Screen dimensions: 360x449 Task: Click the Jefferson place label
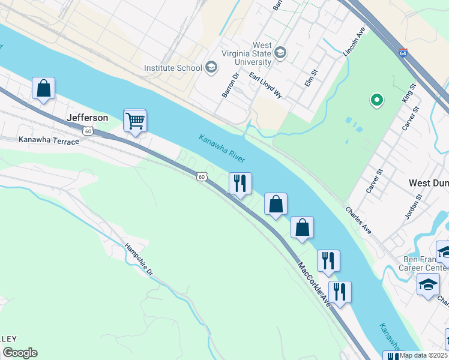(x=88, y=118)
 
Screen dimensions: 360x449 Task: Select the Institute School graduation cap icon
(x=211, y=67)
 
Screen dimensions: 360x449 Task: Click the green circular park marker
(x=377, y=100)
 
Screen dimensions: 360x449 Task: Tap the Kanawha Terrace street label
(x=49, y=141)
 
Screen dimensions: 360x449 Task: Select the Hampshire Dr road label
(x=139, y=259)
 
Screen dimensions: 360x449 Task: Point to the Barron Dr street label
(x=231, y=84)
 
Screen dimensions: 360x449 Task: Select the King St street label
(x=410, y=94)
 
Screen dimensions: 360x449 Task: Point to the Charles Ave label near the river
(x=358, y=221)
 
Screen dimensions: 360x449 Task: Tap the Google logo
(x=20, y=353)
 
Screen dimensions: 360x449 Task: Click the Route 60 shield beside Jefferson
(x=88, y=131)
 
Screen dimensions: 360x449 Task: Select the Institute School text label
(x=173, y=68)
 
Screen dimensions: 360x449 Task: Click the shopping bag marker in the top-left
(x=43, y=89)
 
